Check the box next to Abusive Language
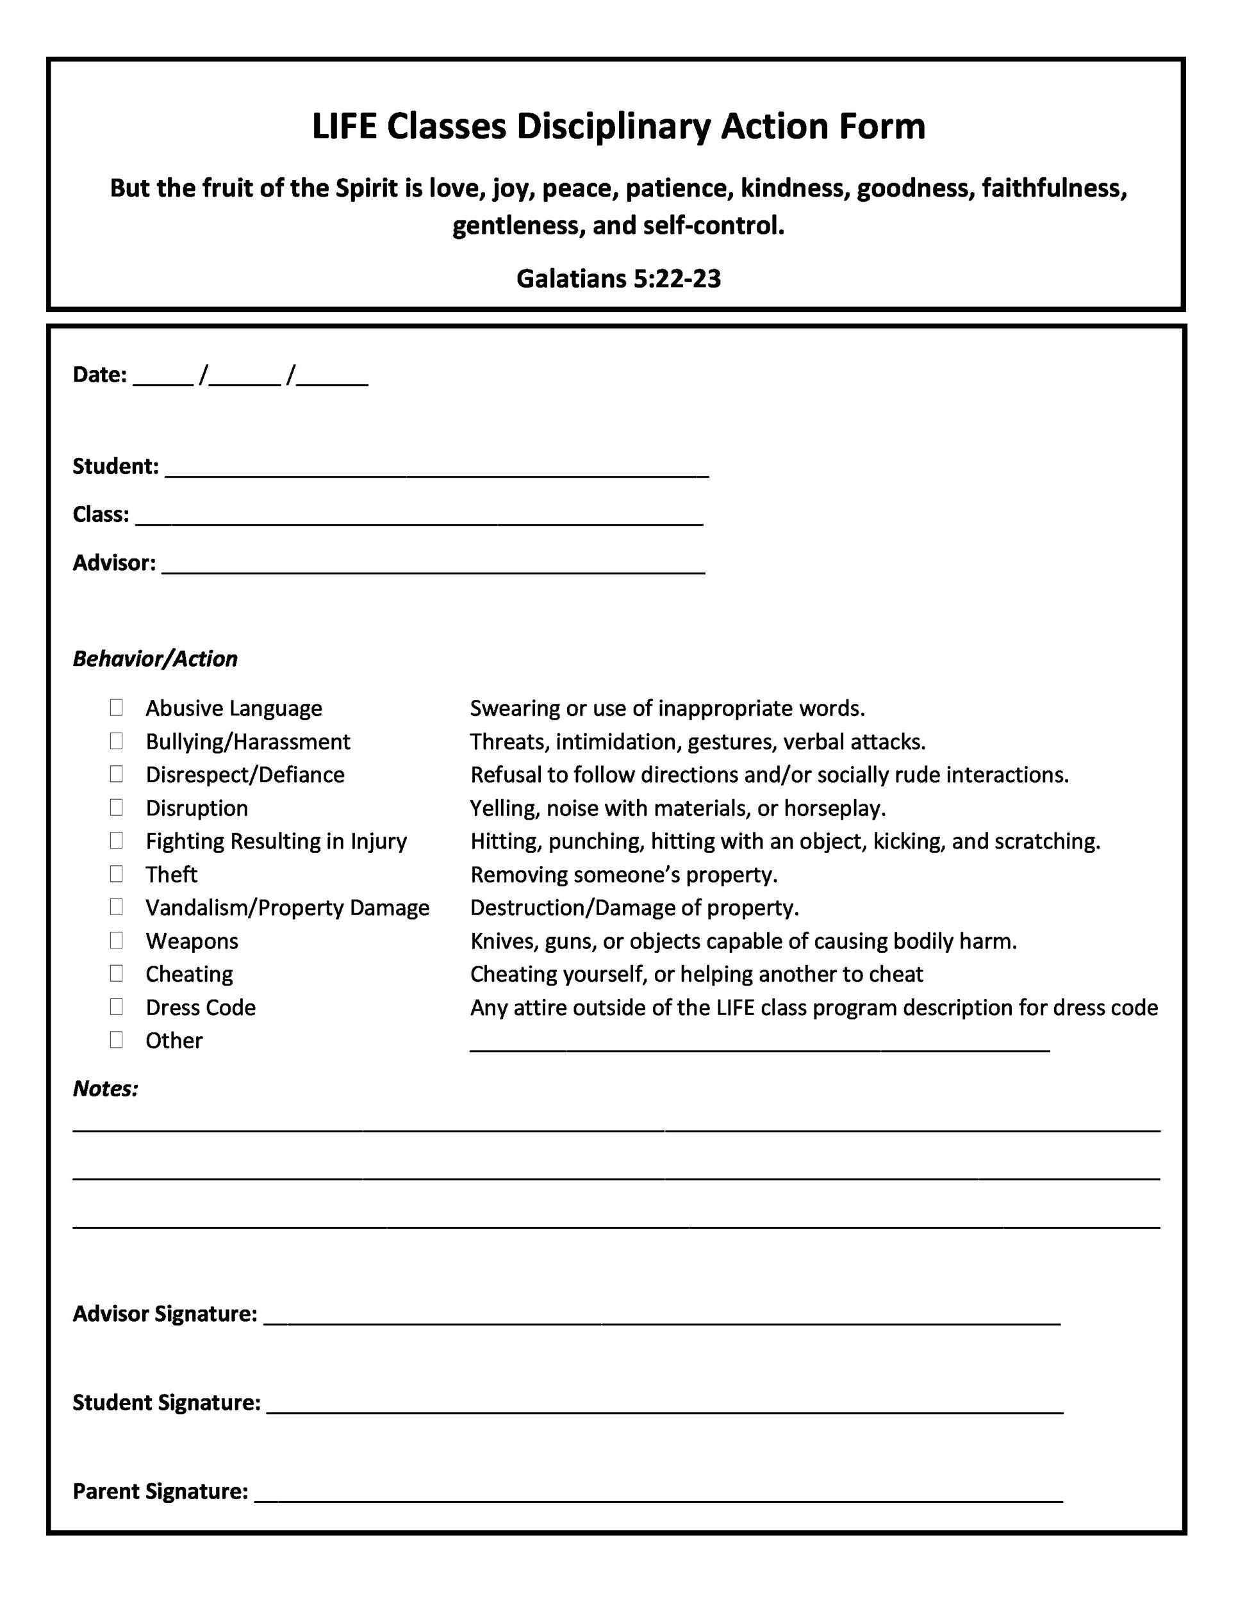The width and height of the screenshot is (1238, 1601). click(x=116, y=708)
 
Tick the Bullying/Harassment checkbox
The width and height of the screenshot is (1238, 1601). click(x=116, y=741)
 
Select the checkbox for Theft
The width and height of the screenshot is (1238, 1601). click(x=116, y=874)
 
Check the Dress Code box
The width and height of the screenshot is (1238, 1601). click(x=116, y=1007)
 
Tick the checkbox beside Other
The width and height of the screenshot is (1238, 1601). click(x=116, y=1039)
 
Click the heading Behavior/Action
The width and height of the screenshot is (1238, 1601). click(x=156, y=658)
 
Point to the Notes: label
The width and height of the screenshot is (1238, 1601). click(x=106, y=1089)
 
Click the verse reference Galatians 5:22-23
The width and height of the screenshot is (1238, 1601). click(x=618, y=279)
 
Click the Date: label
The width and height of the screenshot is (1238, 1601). click(x=100, y=375)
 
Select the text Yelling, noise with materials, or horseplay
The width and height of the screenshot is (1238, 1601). click(x=678, y=808)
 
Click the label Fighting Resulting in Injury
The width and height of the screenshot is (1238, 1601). click(x=276, y=841)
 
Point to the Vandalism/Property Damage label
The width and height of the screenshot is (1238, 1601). click(x=288, y=907)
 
